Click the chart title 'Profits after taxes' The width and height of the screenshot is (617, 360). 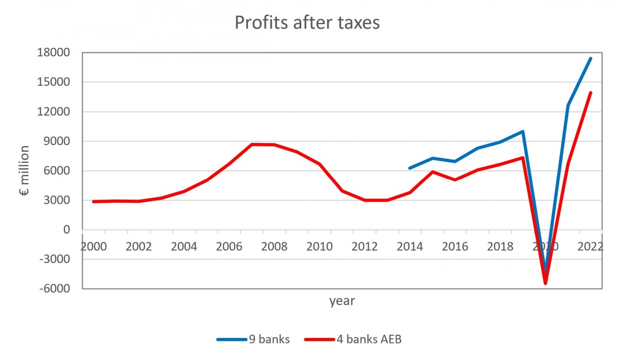coord(307,23)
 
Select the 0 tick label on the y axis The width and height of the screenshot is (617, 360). coord(65,230)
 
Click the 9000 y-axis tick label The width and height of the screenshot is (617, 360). coord(58,141)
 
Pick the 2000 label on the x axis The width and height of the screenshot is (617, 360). coord(94,246)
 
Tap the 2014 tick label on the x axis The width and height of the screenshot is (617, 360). coord(409,246)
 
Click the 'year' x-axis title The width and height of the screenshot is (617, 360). coord(342,301)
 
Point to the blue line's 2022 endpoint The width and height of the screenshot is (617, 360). coord(591,59)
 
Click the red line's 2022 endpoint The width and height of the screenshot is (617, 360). coord(591,93)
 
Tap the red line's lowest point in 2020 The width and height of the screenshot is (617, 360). coord(546,283)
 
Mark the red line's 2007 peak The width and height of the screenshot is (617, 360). coord(251,145)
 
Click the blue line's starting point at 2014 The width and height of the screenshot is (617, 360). coord(409,168)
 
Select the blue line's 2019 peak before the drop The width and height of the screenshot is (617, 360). coord(522,131)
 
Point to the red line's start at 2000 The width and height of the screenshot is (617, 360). coord(94,202)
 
